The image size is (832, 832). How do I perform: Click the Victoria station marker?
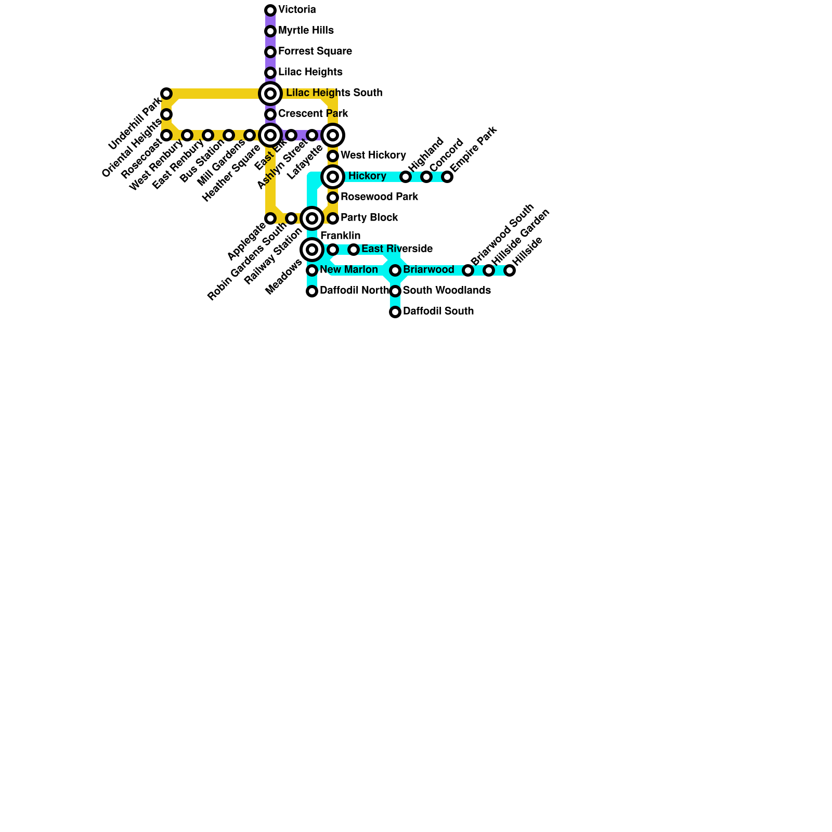coord(270,10)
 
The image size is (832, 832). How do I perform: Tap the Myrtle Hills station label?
coord(306,31)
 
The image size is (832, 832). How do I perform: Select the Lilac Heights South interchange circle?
coord(270,94)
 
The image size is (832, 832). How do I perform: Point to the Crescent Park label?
coord(313,114)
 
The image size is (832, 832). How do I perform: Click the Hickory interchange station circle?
coord(333,177)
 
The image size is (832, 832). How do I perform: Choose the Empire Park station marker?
coord(447,177)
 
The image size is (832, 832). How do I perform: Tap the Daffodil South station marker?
coord(395,312)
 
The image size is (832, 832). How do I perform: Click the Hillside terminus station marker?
coord(510,270)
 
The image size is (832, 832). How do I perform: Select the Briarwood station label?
coord(428,270)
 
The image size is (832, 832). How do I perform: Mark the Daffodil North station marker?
coord(312,291)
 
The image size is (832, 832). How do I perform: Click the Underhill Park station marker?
coord(166,94)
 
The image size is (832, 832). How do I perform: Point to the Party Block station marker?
coord(333,218)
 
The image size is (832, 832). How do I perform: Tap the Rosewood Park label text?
coord(379,197)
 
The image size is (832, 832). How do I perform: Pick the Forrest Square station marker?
coord(270,52)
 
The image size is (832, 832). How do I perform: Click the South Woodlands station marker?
coord(395,291)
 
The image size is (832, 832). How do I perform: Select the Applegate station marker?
coord(270,218)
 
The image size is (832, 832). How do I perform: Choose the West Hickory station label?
coord(373,155)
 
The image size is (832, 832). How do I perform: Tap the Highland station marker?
coord(406,177)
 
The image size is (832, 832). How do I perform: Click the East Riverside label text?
coord(397,249)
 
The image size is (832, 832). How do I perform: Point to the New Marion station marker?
coord(312,270)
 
